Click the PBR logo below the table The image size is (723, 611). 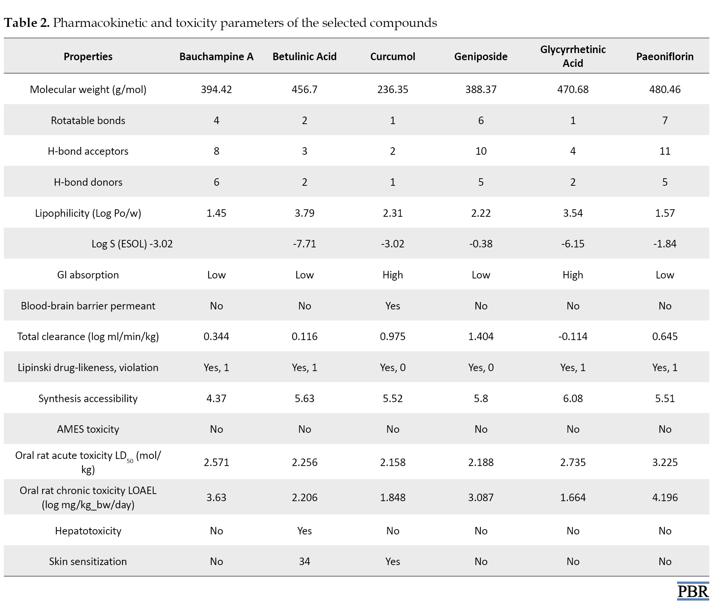point(693,591)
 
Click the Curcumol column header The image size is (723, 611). point(393,56)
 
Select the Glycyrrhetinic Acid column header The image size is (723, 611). point(573,56)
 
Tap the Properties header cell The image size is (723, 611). point(88,56)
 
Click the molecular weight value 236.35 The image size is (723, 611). point(393,89)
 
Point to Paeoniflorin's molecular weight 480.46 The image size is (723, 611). point(665,89)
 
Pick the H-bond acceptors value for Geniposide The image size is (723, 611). point(481,151)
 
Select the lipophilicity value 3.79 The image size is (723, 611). point(305,213)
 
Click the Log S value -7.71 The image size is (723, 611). point(305,244)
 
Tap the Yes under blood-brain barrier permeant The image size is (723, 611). point(393,306)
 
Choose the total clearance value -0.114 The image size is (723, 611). point(573,336)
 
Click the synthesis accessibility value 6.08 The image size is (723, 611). point(573,398)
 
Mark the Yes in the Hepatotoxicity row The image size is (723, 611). point(305,531)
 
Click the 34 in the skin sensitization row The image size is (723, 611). point(305,561)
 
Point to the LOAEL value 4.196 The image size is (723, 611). point(665,497)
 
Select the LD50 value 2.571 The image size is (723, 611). point(216,462)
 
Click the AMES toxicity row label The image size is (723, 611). point(88,429)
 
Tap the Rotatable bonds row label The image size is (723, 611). point(88,120)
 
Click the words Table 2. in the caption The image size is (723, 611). point(27,23)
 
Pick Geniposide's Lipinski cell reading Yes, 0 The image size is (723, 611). point(481,367)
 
